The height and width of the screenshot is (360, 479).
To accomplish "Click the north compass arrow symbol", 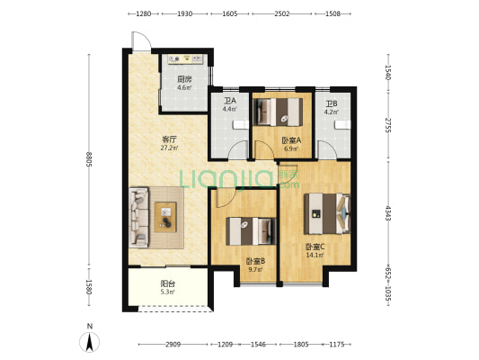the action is [90, 342].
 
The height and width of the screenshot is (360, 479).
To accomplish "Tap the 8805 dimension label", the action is [89, 159].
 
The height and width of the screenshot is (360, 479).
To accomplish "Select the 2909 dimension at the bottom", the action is [173, 345].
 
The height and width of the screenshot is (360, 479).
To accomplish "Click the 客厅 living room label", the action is [169, 139].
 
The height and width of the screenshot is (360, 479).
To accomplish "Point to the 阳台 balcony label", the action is [168, 283].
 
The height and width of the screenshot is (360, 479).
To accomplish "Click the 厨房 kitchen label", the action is [184, 79].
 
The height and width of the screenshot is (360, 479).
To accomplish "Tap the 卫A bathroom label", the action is [230, 101].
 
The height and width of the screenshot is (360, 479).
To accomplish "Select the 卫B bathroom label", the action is [331, 103].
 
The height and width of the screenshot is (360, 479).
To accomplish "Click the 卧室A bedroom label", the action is [291, 140].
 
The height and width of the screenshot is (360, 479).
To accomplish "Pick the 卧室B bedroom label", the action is [255, 261].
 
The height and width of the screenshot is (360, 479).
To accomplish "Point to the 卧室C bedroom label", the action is [315, 247].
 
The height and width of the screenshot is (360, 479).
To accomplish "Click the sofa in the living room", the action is [139, 218].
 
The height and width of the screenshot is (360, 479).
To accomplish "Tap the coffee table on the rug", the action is [165, 217].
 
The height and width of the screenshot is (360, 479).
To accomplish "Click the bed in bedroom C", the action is [327, 213].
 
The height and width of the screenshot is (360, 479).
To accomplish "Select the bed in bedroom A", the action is [279, 112].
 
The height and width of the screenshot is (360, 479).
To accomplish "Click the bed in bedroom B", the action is [251, 231].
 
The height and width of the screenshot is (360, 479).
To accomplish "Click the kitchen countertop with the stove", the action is [185, 58].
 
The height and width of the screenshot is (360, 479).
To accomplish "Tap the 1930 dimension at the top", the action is [184, 13].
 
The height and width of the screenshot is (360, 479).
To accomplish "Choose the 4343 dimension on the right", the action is [387, 213].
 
